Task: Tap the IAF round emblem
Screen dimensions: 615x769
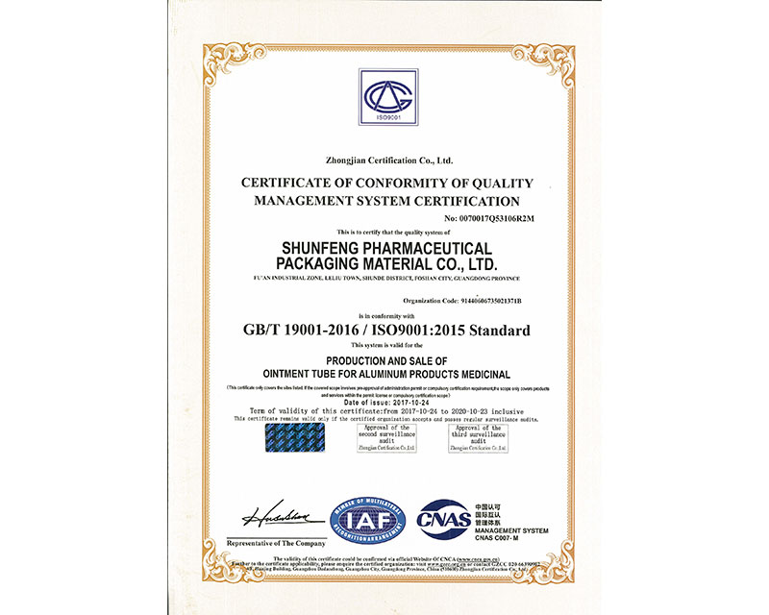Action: tap(368, 520)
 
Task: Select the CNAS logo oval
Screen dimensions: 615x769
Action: tap(443, 519)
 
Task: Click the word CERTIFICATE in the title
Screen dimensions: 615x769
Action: tap(288, 183)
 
